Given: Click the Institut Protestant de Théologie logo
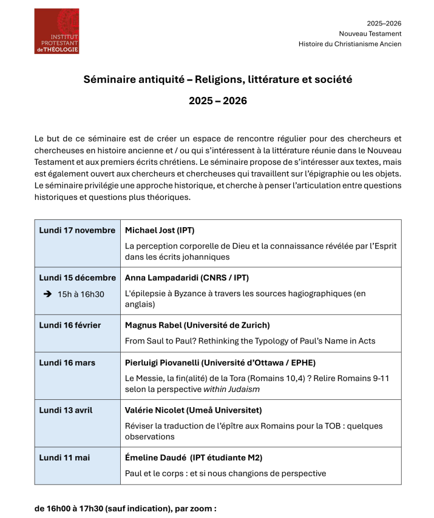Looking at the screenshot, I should click(56, 31).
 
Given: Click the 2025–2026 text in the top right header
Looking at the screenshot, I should click(384, 24).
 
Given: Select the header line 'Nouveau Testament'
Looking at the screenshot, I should click(370, 34).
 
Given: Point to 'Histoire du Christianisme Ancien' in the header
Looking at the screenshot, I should click(350, 44).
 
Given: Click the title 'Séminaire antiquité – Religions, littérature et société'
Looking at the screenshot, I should click(217, 79).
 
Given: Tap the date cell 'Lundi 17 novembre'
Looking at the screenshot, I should click(77, 230).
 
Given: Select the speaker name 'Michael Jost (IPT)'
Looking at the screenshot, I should click(159, 230).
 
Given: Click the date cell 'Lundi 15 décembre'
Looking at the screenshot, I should click(77, 277).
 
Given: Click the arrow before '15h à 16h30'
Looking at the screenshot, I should click(47, 294).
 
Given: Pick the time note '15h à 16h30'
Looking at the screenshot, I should click(81, 294).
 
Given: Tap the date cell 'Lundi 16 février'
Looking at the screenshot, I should click(70, 325).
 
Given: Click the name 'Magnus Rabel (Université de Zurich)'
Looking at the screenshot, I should click(197, 325).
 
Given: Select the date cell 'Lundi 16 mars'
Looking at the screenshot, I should click(67, 363).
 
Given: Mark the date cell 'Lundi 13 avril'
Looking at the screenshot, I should click(66, 410).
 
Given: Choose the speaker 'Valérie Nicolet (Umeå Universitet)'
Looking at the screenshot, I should click(193, 410).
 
